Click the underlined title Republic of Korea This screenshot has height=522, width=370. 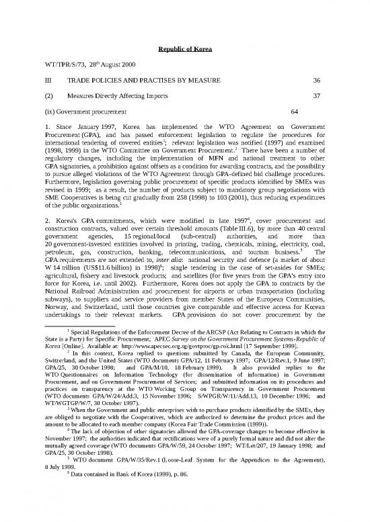point(185,48)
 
